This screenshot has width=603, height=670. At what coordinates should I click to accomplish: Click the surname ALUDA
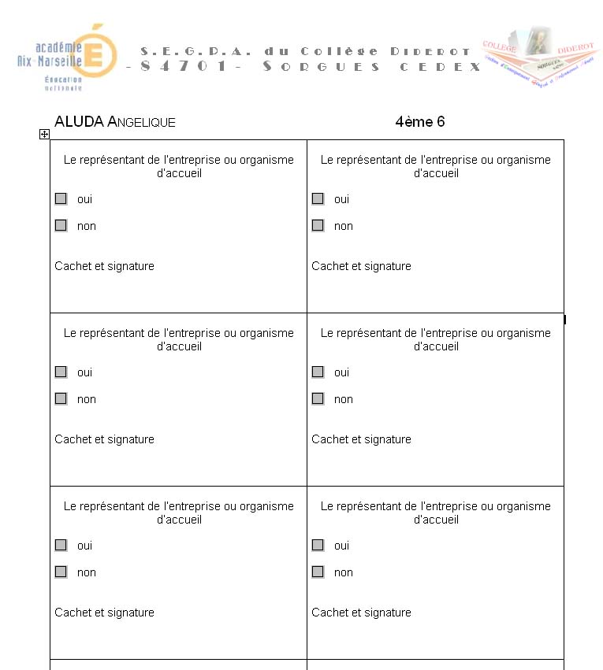click(x=79, y=122)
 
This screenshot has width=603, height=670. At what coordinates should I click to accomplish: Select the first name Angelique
click(x=141, y=123)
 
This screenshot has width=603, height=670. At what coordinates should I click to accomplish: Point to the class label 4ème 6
click(x=420, y=122)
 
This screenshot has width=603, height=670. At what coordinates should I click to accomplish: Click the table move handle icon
click(x=44, y=135)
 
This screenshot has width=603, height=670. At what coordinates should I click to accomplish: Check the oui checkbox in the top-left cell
click(x=61, y=199)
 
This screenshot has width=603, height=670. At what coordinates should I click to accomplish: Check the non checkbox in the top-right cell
click(x=318, y=226)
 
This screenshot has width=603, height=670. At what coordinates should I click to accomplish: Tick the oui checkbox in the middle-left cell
click(x=61, y=372)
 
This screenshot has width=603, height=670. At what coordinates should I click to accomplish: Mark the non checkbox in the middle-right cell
click(x=318, y=399)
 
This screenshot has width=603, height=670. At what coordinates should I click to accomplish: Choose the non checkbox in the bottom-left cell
click(x=61, y=572)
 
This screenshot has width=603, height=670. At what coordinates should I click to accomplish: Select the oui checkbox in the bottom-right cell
click(x=318, y=546)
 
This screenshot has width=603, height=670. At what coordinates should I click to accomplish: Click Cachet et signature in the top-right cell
click(x=361, y=266)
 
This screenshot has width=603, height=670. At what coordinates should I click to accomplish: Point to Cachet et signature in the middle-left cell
click(x=104, y=439)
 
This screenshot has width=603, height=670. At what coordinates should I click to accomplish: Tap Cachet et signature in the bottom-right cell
click(x=361, y=613)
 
